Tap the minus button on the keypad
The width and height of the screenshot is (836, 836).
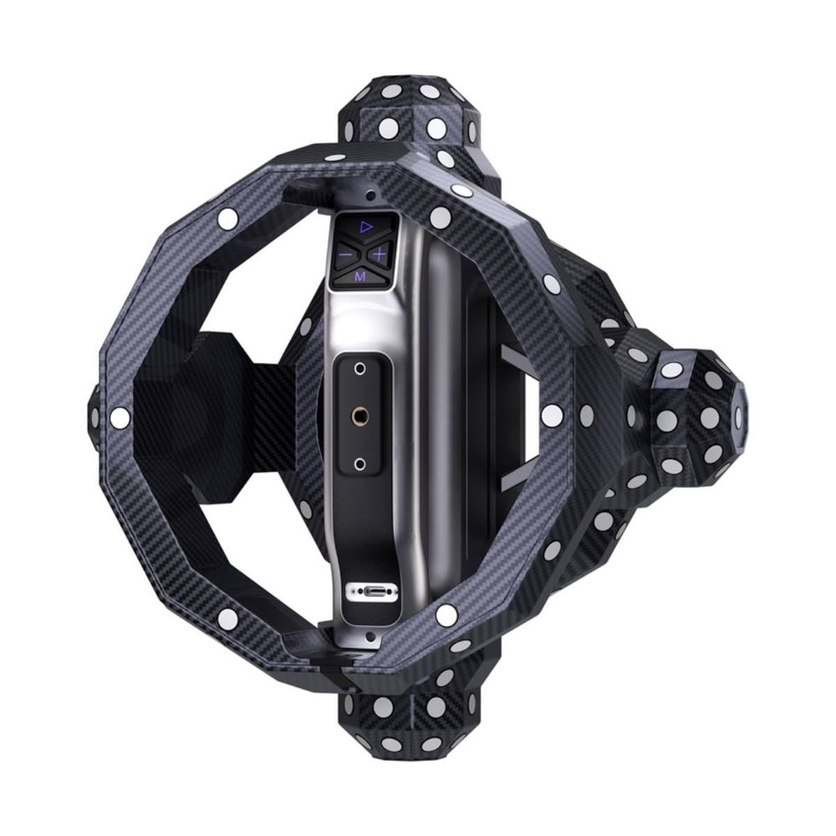(345, 254)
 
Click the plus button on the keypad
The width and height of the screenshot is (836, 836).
(379, 254)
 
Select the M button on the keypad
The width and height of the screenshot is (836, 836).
(360, 276)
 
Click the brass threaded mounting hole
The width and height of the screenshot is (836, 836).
(359, 414)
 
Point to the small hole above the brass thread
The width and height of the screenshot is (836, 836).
(359, 369)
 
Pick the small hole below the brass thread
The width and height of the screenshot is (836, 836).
(359, 463)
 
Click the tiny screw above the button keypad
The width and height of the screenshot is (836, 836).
(369, 195)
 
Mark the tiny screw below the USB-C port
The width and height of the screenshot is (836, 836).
(368, 635)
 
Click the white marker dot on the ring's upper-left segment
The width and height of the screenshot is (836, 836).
(227, 217)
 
